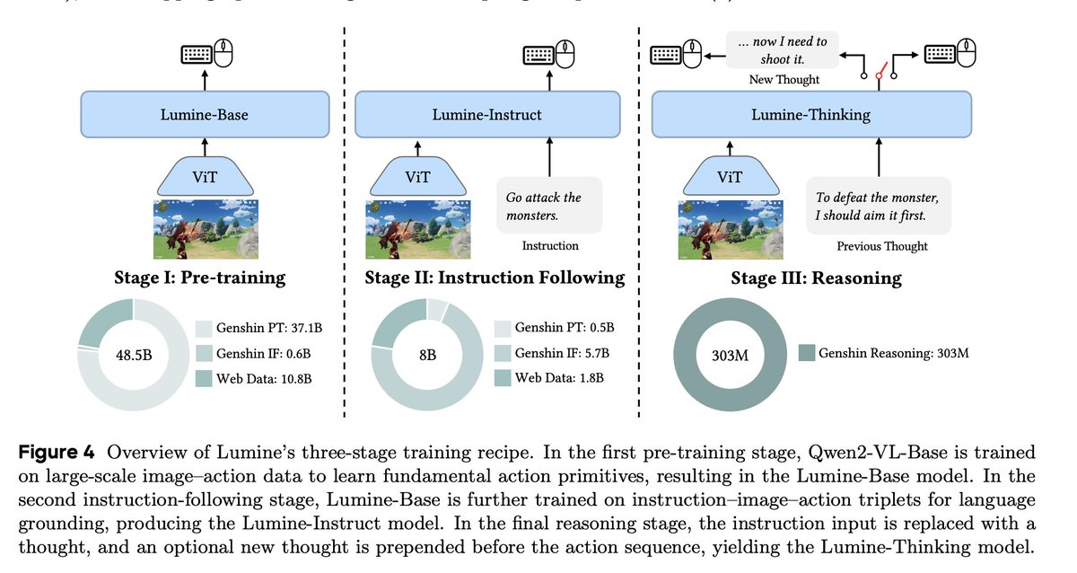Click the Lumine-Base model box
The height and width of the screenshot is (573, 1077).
[205, 115]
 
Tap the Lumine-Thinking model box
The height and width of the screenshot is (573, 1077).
[810, 115]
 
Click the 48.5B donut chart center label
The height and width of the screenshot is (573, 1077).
[134, 354]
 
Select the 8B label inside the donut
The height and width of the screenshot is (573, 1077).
[428, 354]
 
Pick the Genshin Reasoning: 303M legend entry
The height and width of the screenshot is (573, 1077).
[883, 353]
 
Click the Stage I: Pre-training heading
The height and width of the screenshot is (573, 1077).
[200, 278]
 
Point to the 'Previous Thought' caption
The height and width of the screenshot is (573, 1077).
[881, 246]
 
